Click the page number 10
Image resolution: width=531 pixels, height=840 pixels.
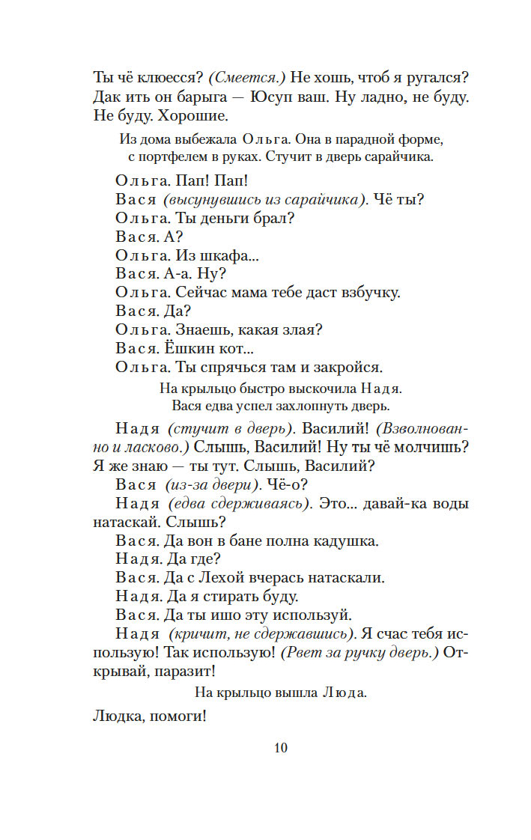coord(281,747)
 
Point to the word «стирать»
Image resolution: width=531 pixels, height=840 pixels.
coord(241,596)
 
